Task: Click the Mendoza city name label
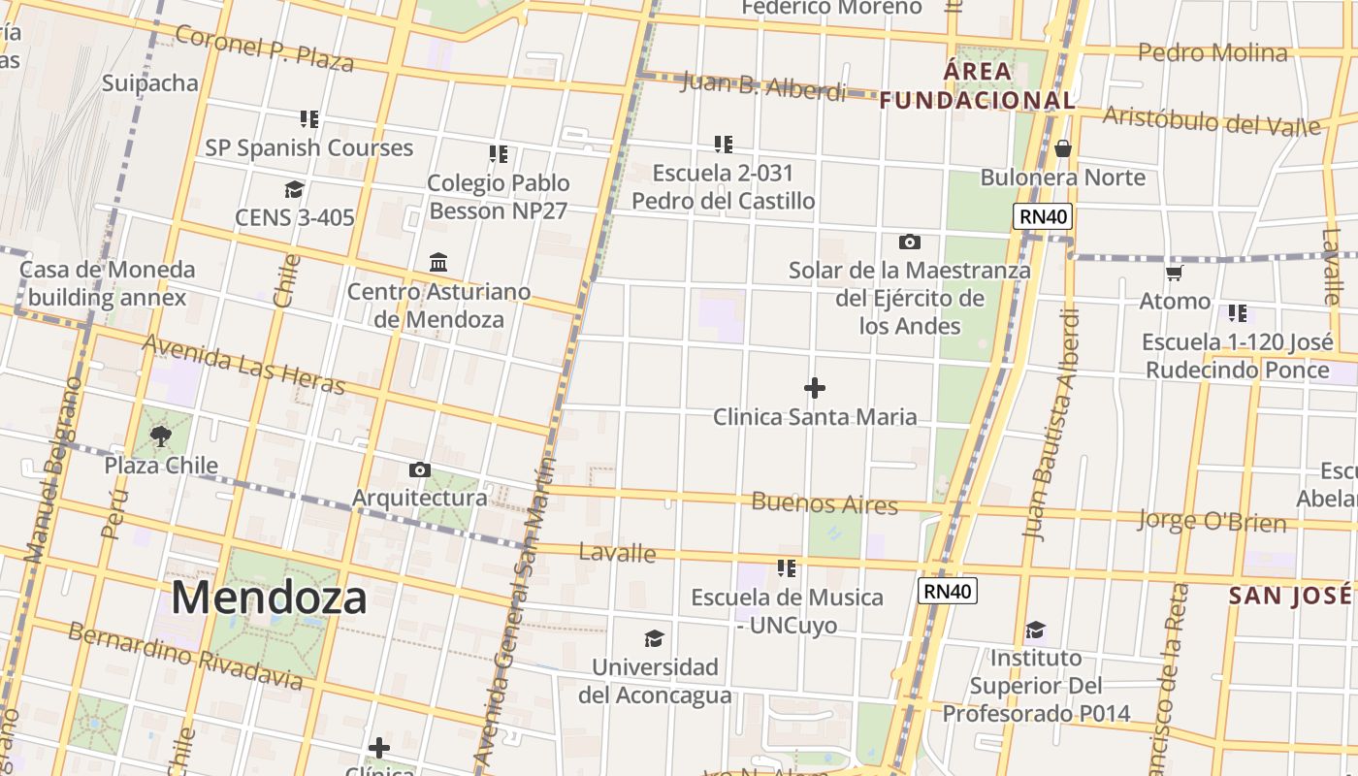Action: click(x=269, y=598)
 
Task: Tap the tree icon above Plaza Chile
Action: click(x=161, y=436)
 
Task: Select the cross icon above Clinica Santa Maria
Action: click(x=815, y=388)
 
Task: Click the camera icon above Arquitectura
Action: click(x=419, y=470)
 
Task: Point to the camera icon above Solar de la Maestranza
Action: click(x=909, y=242)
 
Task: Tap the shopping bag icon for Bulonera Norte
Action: click(x=1063, y=148)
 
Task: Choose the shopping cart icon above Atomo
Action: click(x=1175, y=273)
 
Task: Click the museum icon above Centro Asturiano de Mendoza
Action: click(x=438, y=262)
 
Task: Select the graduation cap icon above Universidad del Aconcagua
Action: click(x=655, y=638)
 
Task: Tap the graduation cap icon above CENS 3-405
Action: click(x=294, y=189)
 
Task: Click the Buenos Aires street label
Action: click(x=824, y=503)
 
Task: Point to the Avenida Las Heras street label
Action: click(x=243, y=365)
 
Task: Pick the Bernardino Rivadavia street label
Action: click(x=185, y=656)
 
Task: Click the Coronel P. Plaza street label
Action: click(x=264, y=49)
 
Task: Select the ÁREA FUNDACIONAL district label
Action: click(x=978, y=85)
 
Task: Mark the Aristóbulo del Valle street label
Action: click(x=1212, y=122)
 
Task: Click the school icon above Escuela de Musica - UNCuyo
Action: click(x=786, y=567)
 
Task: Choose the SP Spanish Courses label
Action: click(x=308, y=148)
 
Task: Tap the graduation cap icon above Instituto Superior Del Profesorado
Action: click(x=1035, y=630)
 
